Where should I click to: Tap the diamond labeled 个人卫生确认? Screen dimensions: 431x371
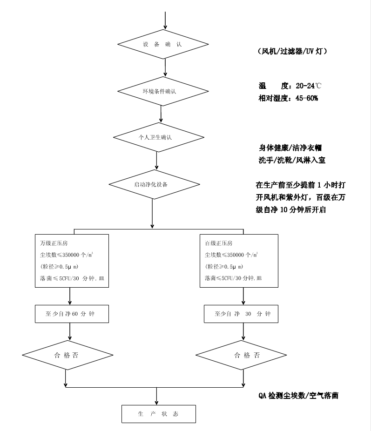tap(158, 137)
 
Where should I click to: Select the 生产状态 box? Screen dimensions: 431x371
tap(158, 414)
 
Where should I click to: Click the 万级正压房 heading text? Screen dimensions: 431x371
tap(53, 243)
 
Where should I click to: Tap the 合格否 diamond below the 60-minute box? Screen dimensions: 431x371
tap(67, 355)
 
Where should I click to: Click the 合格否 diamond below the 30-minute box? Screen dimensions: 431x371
tap(241, 355)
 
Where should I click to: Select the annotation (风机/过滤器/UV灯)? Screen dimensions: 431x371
tap(292, 51)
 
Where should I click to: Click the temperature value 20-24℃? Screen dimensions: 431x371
tap(308, 86)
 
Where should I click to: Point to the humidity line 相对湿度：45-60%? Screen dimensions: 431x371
tap(288, 98)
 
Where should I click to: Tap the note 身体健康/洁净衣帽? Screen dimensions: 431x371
tap(290, 148)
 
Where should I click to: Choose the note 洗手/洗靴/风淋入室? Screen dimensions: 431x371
tap(292, 160)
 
